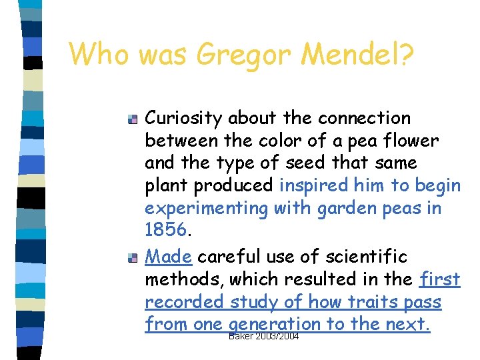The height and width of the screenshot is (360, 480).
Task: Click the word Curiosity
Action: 184,119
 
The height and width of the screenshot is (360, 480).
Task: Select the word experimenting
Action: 205,208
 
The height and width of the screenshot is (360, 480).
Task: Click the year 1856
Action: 165,231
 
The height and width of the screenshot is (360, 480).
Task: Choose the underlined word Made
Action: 169,257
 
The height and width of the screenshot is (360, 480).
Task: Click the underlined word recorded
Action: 185,302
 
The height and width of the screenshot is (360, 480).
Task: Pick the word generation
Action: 275,325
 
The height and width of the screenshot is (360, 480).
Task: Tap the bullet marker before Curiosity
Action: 133,120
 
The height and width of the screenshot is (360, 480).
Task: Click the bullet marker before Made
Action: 133,258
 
